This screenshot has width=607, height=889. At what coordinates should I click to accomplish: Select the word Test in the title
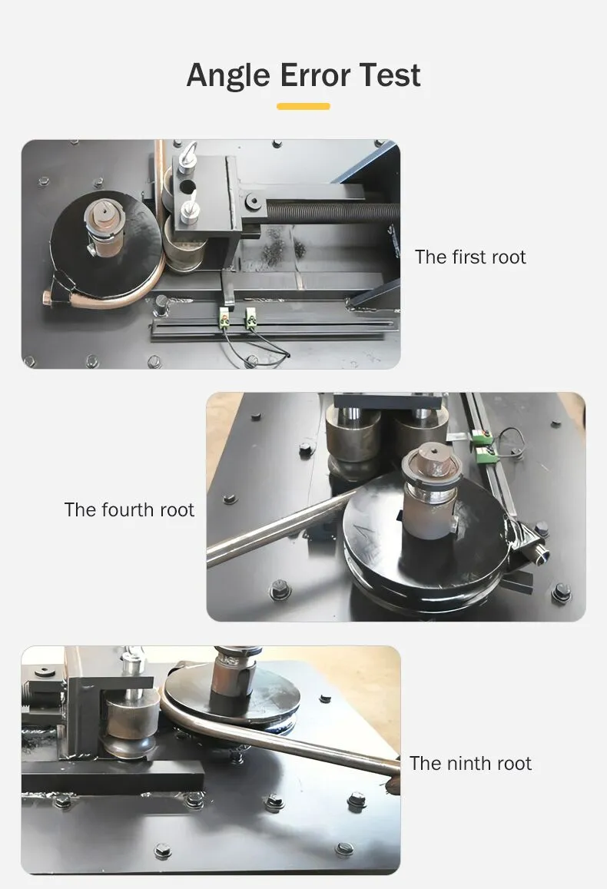(x=390, y=75)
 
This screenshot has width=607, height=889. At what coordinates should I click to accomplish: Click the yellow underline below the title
(x=303, y=106)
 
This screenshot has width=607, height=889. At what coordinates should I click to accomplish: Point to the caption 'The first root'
(x=469, y=257)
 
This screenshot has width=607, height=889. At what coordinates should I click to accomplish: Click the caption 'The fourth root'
(x=129, y=509)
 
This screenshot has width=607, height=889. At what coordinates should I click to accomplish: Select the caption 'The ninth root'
(x=470, y=763)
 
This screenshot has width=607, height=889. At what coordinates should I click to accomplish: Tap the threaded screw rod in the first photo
(x=333, y=213)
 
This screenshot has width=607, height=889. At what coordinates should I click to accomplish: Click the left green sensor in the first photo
(x=224, y=317)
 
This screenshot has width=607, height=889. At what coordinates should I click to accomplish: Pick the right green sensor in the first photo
(x=251, y=317)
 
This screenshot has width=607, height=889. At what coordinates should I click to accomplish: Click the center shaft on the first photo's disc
(x=104, y=227)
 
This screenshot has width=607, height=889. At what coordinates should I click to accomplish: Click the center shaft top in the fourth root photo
(x=432, y=459)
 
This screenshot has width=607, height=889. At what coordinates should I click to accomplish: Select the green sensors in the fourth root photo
(x=483, y=445)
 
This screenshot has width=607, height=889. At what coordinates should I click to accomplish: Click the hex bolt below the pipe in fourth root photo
(x=280, y=589)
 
